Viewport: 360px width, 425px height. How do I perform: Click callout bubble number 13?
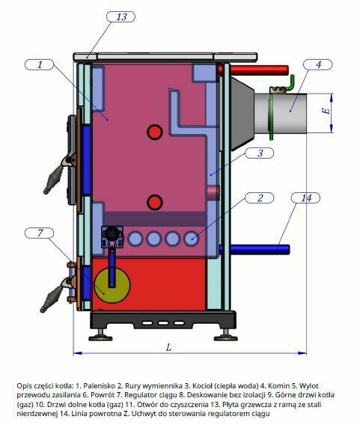[120, 16]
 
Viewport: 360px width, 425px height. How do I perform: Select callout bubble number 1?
[40, 65]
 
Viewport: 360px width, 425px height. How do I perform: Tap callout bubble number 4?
[317, 65]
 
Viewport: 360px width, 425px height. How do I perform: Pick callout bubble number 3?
[260, 153]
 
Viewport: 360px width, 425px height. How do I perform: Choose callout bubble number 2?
[260, 198]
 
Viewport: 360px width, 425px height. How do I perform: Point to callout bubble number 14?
[305, 198]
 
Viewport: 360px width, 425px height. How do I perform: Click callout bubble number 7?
[40, 233]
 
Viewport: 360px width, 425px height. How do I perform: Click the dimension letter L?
[168, 347]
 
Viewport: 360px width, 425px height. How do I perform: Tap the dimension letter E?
[326, 111]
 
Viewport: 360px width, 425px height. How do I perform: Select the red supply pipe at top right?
[259, 70]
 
